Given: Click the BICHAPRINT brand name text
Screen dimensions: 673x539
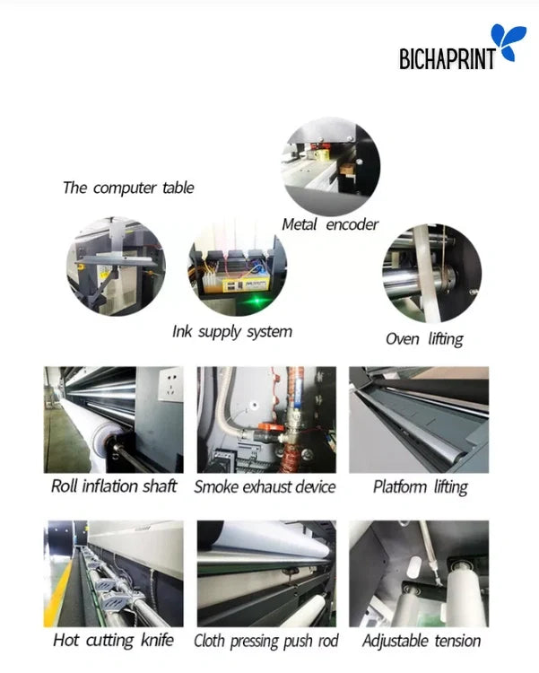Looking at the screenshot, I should coord(446,59).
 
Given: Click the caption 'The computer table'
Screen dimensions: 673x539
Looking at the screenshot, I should coord(128,188).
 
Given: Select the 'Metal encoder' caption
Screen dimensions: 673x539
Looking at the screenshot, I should coord(330,224).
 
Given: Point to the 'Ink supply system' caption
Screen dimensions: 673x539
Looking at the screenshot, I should coord(231,331).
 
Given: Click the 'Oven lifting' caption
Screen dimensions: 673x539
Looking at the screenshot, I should coord(424,338).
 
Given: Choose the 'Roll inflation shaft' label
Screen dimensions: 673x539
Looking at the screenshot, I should coord(113,487).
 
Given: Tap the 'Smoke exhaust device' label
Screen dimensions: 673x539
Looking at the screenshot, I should coord(265,487).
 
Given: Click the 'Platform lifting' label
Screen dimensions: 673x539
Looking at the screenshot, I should coord(420,487).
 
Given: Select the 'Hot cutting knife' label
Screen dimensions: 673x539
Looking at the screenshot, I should coord(113,640).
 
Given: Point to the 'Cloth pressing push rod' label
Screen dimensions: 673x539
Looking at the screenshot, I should coord(265,641).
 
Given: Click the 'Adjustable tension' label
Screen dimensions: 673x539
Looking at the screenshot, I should coord(421,641).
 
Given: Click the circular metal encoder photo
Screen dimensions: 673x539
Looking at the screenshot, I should coord(331,165).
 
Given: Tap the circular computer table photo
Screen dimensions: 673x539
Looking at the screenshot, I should coord(116,267).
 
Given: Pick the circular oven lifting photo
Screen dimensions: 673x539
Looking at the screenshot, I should coord(431,274).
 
